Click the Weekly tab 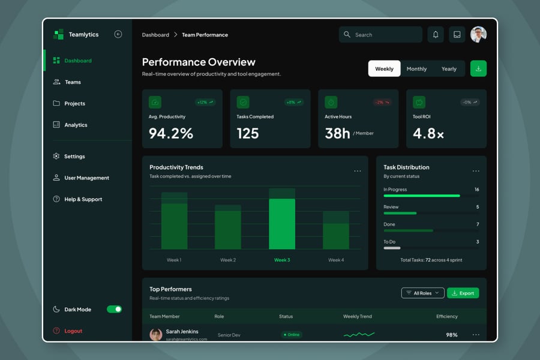pyautogui.click(x=384, y=69)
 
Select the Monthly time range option pyautogui.click(x=416, y=69)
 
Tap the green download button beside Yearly pyautogui.click(x=478, y=68)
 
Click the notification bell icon pyautogui.click(x=436, y=35)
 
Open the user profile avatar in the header pyautogui.click(x=478, y=35)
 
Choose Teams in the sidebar pyautogui.click(x=72, y=82)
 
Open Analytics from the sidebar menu pyautogui.click(x=76, y=125)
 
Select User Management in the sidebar pyautogui.click(x=86, y=178)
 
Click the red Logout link pyautogui.click(x=73, y=331)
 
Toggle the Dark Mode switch pyautogui.click(x=114, y=309)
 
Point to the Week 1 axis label pyautogui.click(x=174, y=260)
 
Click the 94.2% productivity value pyautogui.click(x=171, y=133)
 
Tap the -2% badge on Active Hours pyautogui.click(x=382, y=103)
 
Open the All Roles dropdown pyautogui.click(x=422, y=293)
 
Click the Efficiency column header pyautogui.click(x=446, y=316)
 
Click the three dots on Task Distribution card pyautogui.click(x=476, y=171)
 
